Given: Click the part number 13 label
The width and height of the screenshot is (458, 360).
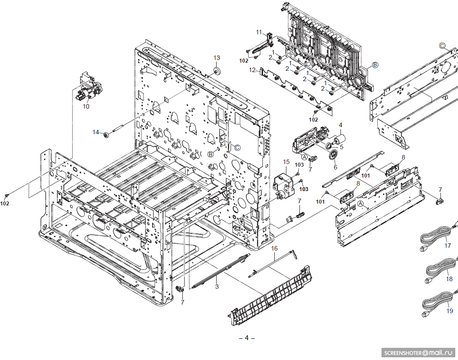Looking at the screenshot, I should pos(217,58).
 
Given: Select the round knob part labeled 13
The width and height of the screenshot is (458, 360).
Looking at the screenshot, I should pos(217,71).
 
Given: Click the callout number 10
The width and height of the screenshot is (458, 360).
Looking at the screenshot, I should pos(86,107).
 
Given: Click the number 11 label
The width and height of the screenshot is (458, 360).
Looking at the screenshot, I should pos(259,32).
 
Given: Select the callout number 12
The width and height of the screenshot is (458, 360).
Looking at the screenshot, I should pos(253,70).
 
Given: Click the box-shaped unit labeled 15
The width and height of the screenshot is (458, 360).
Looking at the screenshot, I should pos(283,185).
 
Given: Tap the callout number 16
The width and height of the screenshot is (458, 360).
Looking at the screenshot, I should pos(274,248).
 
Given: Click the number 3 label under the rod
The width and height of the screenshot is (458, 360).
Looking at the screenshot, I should pos(217,287).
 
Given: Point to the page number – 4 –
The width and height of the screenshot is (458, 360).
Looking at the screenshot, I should pos(246,338).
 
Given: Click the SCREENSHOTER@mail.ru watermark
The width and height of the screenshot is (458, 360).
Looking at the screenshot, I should pos(419,352).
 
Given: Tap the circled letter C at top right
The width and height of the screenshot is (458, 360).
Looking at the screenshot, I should pos(442,46).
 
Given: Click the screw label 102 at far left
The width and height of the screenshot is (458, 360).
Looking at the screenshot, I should pos(5,203).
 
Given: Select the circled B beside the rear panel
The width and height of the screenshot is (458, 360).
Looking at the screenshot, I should pos(375,65).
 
